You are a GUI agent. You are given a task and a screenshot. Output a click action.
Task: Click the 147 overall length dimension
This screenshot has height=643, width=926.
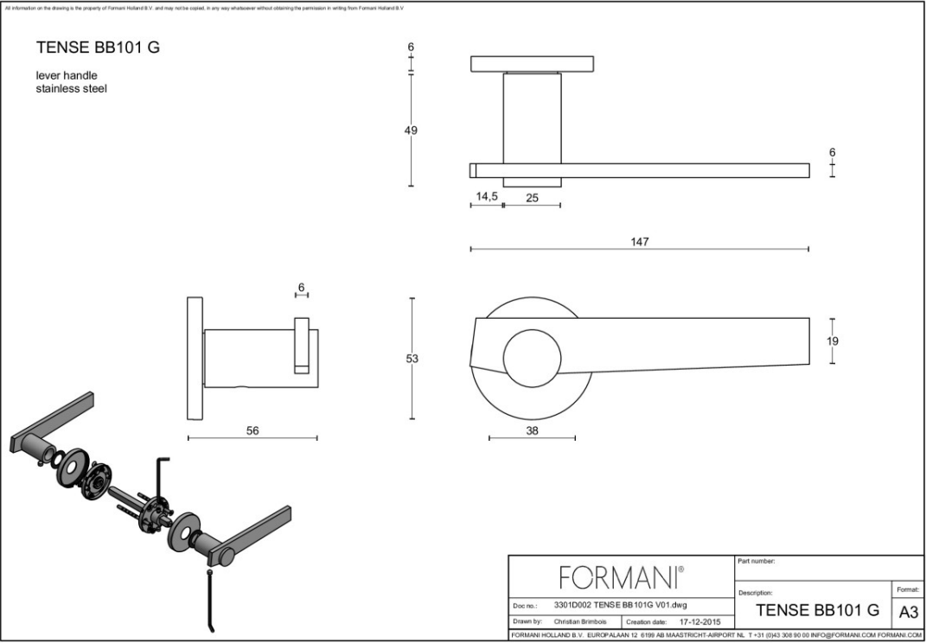(x=640, y=241)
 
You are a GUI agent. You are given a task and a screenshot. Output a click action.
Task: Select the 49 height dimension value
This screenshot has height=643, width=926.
(x=411, y=131)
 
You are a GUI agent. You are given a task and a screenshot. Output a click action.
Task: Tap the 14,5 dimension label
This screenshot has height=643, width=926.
(x=487, y=197)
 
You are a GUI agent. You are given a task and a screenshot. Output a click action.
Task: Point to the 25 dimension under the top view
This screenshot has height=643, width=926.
(x=532, y=198)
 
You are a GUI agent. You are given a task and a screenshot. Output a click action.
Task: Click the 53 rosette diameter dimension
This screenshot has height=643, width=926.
(x=412, y=359)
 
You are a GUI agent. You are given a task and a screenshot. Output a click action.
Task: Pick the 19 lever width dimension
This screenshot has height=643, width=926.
(x=832, y=341)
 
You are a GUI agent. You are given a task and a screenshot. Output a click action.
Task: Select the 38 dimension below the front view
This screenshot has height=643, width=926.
(x=532, y=430)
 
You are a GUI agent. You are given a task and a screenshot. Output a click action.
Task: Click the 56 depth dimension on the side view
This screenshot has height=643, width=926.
(x=252, y=430)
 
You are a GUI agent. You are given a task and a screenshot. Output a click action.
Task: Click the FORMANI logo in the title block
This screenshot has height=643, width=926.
(x=621, y=576)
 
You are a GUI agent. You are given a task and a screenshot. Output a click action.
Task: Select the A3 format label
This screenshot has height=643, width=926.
(x=909, y=612)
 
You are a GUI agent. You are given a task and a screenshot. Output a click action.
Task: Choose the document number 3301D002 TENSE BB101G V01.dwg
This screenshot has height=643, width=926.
(x=620, y=604)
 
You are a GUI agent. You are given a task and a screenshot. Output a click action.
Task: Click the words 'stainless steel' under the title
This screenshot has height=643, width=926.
(x=71, y=88)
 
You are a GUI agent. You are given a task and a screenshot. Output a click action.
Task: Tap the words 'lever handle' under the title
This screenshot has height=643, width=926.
(x=67, y=75)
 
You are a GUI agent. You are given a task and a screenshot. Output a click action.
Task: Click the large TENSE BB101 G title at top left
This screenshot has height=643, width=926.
(x=98, y=48)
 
